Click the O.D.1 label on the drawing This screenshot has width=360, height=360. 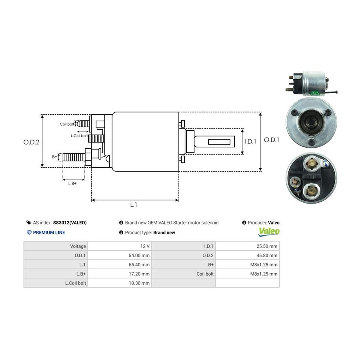pos(272,140)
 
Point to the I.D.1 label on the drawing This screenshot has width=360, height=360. pos(250,141)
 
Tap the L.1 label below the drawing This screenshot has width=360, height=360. pos(134,204)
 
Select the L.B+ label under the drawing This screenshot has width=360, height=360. pos(72,183)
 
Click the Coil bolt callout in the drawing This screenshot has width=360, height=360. pos(67,124)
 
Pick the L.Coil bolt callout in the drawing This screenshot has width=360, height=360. pos(79,136)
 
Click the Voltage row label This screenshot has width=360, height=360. pos(78,246)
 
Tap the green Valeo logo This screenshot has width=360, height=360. pos(269,231)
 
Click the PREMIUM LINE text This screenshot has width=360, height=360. pos(49,232)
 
